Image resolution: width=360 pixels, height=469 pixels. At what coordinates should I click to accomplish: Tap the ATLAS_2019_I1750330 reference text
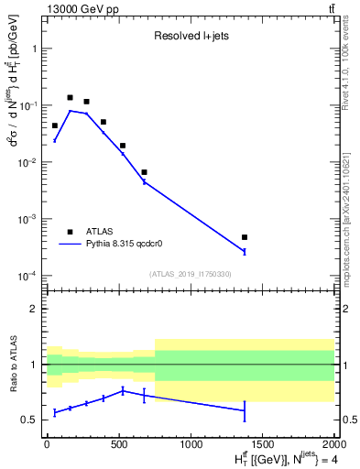click(190, 274)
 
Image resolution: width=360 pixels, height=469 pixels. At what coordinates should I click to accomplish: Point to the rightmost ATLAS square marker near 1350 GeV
click(245, 237)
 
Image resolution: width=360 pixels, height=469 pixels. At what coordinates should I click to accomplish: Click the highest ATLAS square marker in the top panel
click(70, 97)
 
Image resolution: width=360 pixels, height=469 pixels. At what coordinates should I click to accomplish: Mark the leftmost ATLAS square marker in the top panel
click(55, 125)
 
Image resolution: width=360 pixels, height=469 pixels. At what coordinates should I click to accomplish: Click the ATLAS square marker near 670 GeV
click(144, 172)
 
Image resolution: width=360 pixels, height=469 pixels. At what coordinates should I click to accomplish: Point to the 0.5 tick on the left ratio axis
click(30, 420)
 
